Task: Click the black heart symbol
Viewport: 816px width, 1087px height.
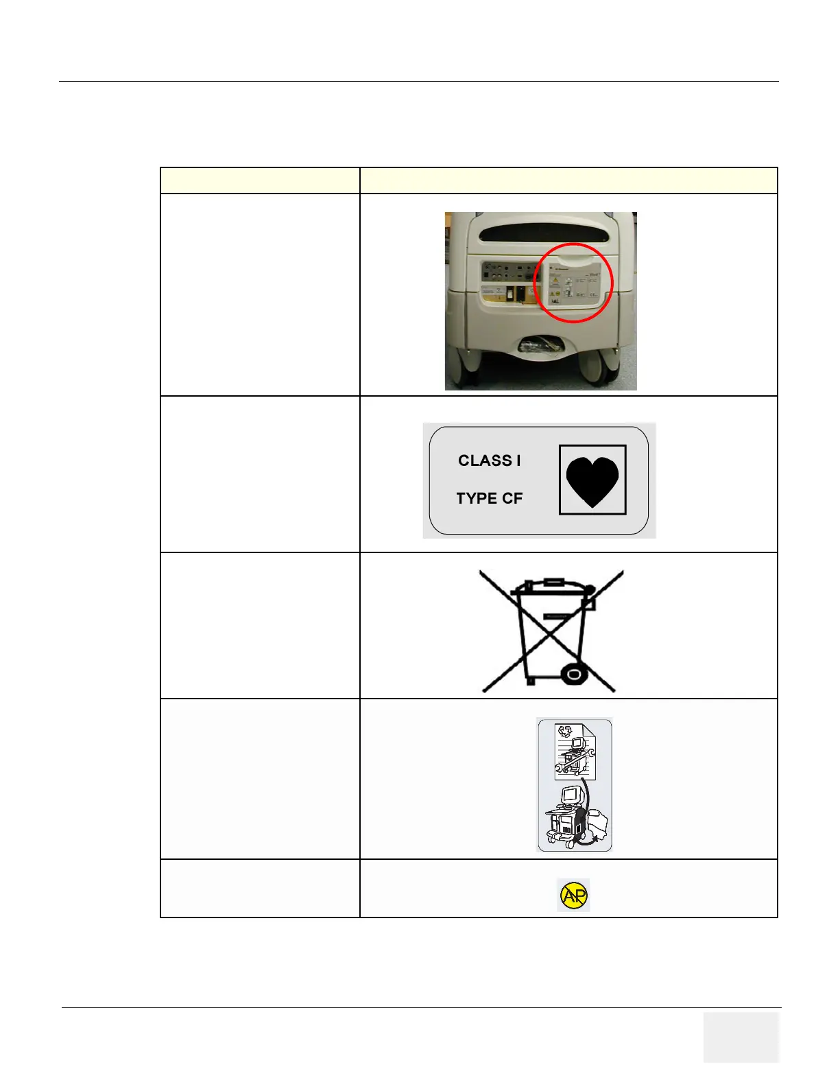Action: point(592,480)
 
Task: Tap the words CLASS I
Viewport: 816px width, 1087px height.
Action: point(489,460)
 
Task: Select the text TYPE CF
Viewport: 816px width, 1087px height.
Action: point(489,498)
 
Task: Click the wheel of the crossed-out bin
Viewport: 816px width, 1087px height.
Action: point(574,675)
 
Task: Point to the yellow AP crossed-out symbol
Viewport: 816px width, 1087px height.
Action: point(573,895)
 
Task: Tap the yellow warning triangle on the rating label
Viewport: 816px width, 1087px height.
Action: point(555,281)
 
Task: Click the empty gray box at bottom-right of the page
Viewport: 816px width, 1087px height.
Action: point(741,1037)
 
